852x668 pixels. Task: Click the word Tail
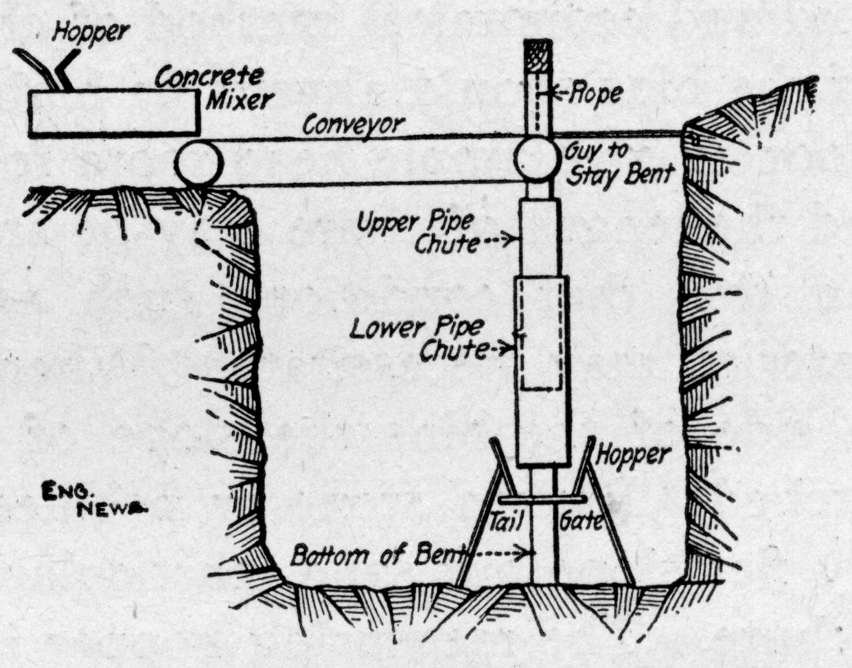[x=507, y=521]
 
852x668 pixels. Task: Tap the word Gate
[x=584, y=521]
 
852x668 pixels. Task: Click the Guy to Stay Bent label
[x=618, y=163]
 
